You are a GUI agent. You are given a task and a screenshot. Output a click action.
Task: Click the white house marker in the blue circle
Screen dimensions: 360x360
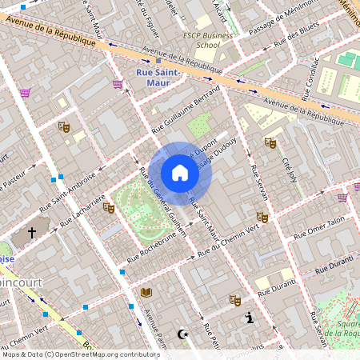pos(180,173)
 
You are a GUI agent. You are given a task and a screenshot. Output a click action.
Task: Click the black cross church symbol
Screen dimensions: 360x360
pos(33,234)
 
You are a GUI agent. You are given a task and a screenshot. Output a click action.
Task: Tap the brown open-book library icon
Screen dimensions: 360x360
pos(146,292)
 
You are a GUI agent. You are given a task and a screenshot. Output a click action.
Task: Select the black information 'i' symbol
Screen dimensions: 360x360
pos(250,318)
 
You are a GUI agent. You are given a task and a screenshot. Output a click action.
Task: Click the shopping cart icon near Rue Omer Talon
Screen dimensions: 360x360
pos(343,198)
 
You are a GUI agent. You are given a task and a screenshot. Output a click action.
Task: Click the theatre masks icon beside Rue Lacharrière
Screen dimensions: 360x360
pos(109,207)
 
